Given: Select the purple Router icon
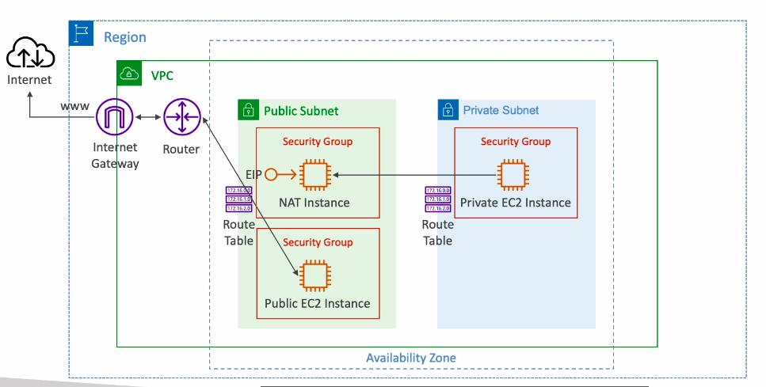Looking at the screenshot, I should pyautogui.click(x=182, y=118).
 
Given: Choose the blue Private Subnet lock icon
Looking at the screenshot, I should pyautogui.click(x=449, y=110).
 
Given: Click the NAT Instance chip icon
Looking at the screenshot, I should pyautogui.click(x=314, y=174).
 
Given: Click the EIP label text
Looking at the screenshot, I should pyautogui.click(x=254, y=174).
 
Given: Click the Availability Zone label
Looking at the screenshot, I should pyautogui.click(x=410, y=358).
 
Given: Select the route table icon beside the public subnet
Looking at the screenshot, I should pyautogui.click(x=238, y=199).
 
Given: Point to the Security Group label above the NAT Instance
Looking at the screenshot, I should pyautogui.click(x=318, y=142).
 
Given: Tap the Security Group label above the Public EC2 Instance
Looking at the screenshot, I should pyautogui.click(x=318, y=242).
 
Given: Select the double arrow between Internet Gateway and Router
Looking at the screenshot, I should pyautogui.click(x=149, y=118).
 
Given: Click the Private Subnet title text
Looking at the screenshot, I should pyautogui.click(x=501, y=110).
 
